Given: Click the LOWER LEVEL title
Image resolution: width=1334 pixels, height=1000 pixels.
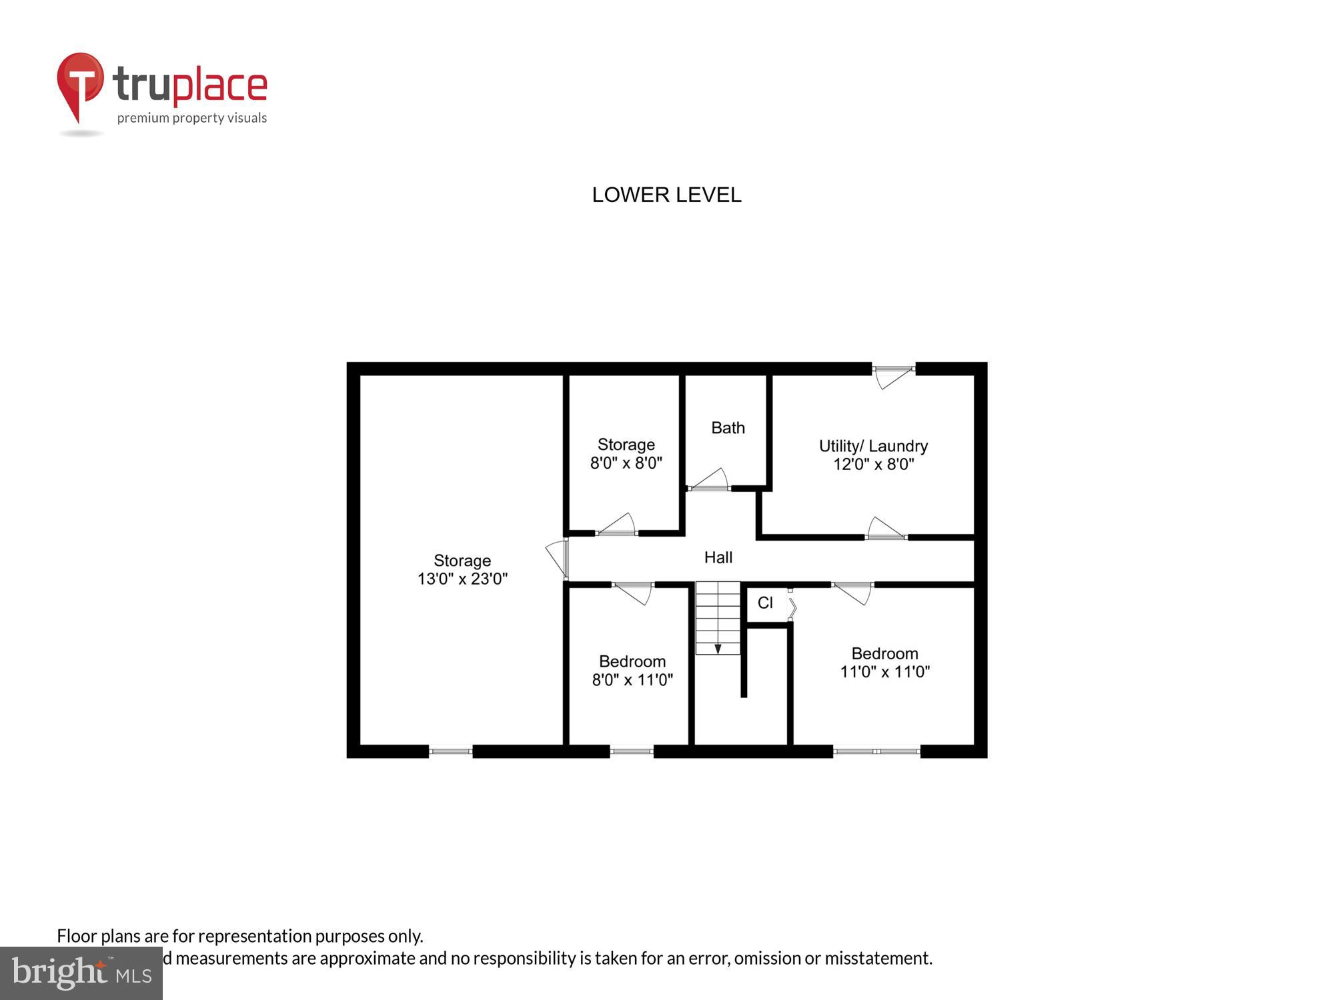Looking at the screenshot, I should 666,195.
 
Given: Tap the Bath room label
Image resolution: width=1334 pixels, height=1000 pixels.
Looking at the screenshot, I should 728,428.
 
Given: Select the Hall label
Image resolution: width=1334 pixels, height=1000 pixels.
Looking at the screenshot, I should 718,557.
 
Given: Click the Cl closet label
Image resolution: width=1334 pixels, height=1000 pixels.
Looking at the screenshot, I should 765,603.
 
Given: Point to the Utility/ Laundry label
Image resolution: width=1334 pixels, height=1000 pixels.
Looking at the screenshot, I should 873,446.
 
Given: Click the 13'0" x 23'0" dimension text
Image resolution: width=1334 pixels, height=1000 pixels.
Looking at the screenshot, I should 462,579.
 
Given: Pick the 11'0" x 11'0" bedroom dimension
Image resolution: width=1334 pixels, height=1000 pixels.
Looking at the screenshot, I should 884,671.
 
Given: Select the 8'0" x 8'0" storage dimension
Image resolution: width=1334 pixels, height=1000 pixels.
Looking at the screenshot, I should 626,463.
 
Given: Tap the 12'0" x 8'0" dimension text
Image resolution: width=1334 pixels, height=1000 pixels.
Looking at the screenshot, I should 873,464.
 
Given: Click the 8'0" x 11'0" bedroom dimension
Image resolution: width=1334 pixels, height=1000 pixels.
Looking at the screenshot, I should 632,679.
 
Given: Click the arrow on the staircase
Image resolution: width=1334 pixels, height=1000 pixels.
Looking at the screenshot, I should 718,648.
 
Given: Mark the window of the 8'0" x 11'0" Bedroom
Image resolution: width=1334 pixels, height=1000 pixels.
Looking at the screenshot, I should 632,751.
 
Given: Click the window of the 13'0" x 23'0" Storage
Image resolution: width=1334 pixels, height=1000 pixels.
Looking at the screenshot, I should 450,751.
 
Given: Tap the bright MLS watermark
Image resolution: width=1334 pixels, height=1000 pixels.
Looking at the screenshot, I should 81,973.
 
